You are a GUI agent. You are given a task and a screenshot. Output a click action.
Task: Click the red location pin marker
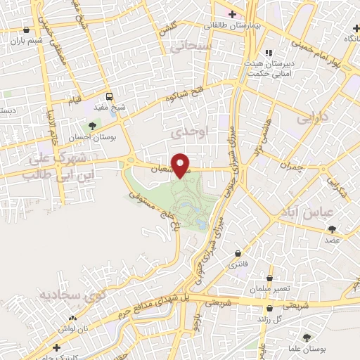click(x=181, y=165)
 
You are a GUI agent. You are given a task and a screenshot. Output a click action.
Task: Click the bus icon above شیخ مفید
click(x=109, y=96)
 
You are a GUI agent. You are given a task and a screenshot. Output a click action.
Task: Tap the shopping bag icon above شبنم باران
click(x=27, y=30)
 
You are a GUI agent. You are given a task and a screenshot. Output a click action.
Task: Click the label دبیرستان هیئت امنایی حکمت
click(x=287, y=65)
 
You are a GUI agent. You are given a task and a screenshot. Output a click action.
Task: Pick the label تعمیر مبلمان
click(x=263, y=290)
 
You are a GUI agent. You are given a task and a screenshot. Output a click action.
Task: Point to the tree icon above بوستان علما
click(x=306, y=337)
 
